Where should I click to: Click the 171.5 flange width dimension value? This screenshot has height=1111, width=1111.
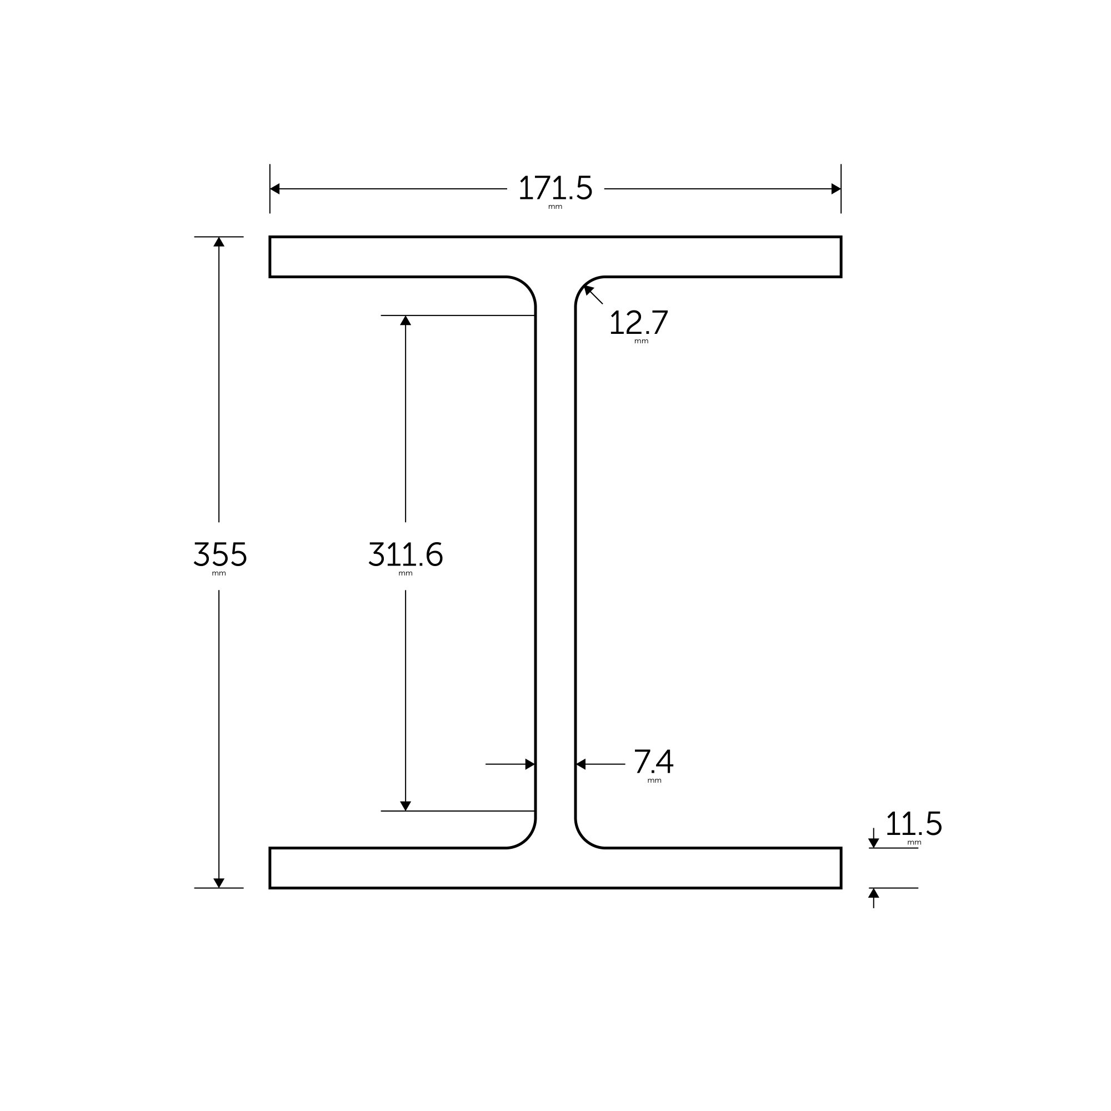(555, 188)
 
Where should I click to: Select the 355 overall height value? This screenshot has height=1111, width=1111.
(219, 554)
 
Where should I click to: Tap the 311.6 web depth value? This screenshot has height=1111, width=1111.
(406, 554)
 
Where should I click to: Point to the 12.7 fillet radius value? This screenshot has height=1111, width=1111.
(638, 323)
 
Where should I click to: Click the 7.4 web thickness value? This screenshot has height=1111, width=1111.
(653, 762)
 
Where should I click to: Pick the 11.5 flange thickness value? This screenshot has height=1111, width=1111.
(914, 824)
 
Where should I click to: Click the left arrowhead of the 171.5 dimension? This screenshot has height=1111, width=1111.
(275, 189)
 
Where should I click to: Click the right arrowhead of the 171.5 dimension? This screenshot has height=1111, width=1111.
(836, 189)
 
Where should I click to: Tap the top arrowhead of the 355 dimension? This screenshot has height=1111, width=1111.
(219, 242)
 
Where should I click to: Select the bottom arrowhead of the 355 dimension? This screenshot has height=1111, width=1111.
(219, 883)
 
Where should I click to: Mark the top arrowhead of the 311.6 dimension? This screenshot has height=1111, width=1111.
(406, 321)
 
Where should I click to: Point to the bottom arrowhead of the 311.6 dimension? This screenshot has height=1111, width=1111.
(406, 805)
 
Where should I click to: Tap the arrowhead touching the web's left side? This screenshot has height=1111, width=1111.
(529, 764)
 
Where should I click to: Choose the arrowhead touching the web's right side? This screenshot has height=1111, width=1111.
(581, 764)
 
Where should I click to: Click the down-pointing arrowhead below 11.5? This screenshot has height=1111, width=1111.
(873, 843)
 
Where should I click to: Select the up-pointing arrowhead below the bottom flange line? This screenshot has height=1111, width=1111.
(873, 893)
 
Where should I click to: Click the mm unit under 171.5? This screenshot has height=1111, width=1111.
(555, 207)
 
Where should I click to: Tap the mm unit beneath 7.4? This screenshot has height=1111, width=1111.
(654, 781)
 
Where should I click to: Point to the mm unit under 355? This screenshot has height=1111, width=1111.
(219, 574)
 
